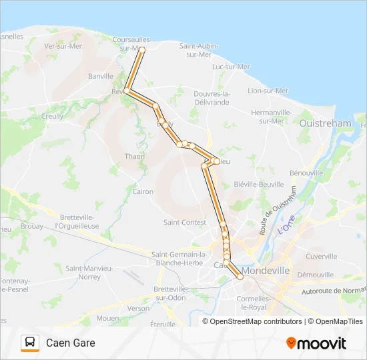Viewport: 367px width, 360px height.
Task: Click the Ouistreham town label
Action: (325, 123)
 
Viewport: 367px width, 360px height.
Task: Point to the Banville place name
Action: (101, 76)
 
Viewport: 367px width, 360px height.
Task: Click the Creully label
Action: (52, 116)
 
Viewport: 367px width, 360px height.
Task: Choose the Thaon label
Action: (134, 157)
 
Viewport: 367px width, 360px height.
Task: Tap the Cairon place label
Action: (143, 191)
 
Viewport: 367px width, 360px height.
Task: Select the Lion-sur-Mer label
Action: (268, 91)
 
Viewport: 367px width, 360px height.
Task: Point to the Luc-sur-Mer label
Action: (230, 67)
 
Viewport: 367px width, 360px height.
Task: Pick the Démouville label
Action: (315, 275)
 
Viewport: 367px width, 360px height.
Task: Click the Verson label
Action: (139, 308)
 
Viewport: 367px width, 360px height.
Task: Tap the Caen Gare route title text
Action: (70, 343)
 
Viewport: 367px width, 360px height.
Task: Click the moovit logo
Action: (316, 343)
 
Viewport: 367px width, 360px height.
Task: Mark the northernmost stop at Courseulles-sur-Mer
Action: (141, 50)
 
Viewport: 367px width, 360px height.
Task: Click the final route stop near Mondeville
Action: (240, 277)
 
